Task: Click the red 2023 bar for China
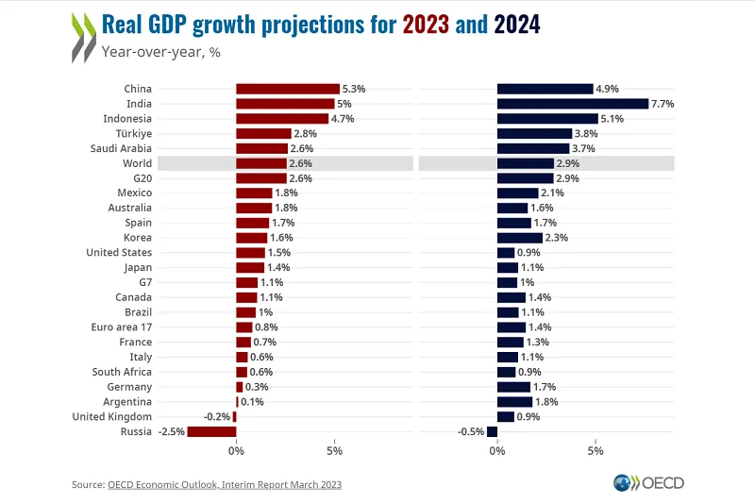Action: click(287, 89)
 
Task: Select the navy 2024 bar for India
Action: click(572, 104)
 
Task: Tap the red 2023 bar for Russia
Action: click(211, 431)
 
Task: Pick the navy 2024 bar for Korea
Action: click(519, 238)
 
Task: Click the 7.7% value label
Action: click(663, 104)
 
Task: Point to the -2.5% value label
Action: click(171, 432)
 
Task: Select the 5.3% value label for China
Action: click(354, 89)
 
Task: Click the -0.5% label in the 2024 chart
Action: click(471, 432)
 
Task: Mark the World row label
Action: click(137, 164)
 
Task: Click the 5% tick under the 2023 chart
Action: click(334, 451)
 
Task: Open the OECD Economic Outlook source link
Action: click(224, 484)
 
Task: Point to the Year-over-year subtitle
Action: click(152, 52)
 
